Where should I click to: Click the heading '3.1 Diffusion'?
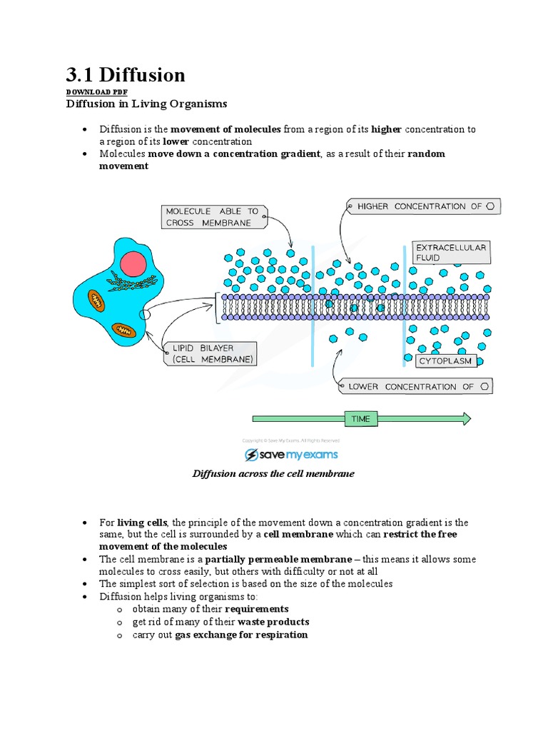[126, 75]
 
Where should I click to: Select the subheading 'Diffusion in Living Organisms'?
[146, 104]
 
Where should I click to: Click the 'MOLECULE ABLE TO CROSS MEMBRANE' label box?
[213, 217]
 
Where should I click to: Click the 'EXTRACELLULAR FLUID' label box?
[451, 253]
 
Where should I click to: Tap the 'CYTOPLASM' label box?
[446, 361]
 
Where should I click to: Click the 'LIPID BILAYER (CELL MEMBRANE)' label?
[213, 354]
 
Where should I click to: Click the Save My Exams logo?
[291, 455]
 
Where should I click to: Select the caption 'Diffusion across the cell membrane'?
[273, 473]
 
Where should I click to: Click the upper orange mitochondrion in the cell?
[96, 300]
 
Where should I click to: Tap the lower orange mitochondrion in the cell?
[124, 330]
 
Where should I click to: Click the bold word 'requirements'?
[257, 609]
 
